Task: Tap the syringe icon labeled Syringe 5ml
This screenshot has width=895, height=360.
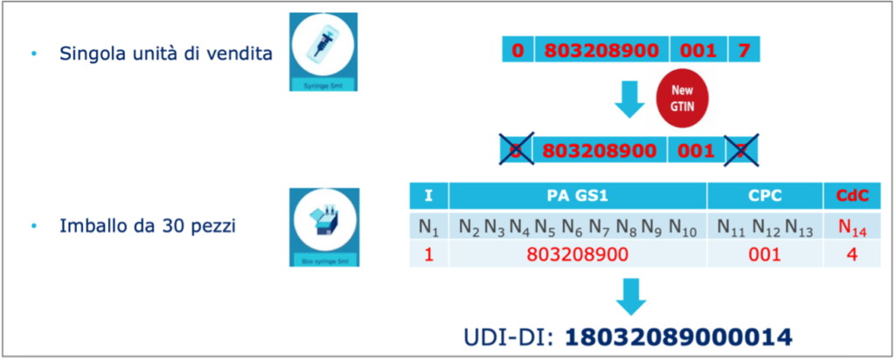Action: (323, 51)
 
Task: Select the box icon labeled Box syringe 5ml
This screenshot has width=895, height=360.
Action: (323, 226)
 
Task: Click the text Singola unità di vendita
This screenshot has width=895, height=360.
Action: (165, 54)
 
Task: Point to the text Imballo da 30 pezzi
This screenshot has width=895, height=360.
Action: (148, 226)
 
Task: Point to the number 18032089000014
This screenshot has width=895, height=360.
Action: (677, 336)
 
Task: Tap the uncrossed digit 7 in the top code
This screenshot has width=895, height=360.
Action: (744, 50)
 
